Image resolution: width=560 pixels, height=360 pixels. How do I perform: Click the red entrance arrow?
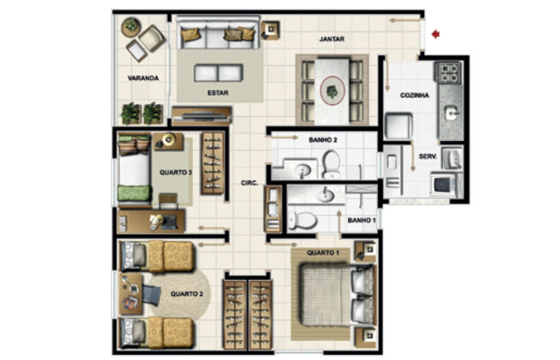click(x=435, y=34)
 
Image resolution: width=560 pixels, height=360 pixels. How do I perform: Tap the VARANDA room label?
click(x=143, y=78)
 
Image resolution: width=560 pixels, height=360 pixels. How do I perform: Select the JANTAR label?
click(x=332, y=39)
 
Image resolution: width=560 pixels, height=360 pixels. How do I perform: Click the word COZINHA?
click(x=414, y=95)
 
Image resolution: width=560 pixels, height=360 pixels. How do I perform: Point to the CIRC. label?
click(x=249, y=183)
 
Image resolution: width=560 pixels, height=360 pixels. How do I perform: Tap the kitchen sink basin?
click(x=451, y=113)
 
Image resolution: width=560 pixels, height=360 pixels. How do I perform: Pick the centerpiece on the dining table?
click(x=332, y=91)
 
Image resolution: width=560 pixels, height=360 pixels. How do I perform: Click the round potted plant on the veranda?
click(x=131, y=27)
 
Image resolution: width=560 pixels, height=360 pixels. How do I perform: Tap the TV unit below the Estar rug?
click(x=202, y=116)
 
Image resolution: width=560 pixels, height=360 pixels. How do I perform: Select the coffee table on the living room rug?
click(x=218, y=73)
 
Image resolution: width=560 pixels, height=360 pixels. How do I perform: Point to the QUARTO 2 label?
click(x=187, y=294)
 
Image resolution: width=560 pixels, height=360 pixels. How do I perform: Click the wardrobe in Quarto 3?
click(x=213, y=163)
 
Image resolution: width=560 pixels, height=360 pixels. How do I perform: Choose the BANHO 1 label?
click(x=362, y=220)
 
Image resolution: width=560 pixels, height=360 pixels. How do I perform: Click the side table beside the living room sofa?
click(x=270, y=30)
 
